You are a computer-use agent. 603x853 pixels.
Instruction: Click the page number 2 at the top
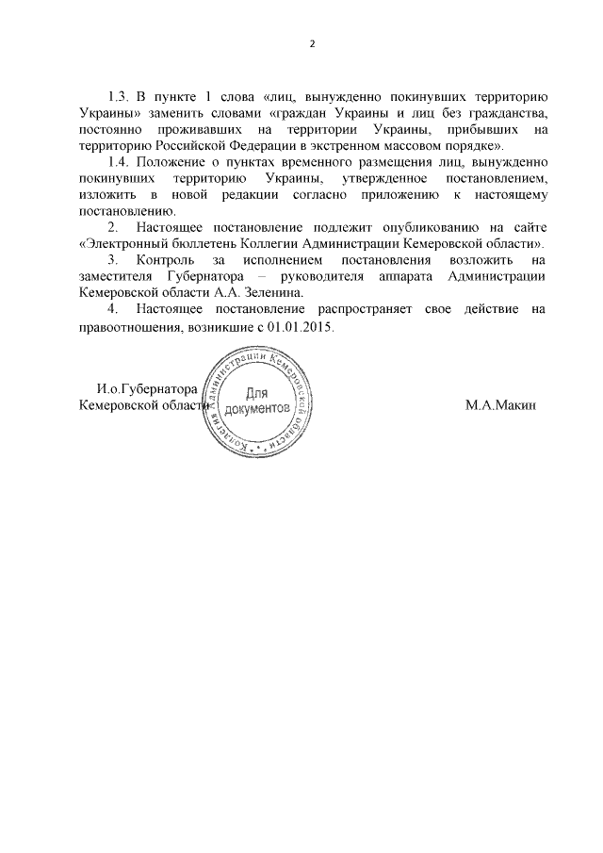pos(313,44)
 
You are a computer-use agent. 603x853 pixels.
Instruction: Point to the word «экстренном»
pos(352,146)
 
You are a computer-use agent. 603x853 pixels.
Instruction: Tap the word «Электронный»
pos(122,243)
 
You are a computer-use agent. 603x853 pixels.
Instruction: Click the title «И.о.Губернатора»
pos(146,389)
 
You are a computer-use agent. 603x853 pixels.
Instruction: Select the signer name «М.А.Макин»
pos(499,405)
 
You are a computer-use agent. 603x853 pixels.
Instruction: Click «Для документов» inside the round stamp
pos(257,402)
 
